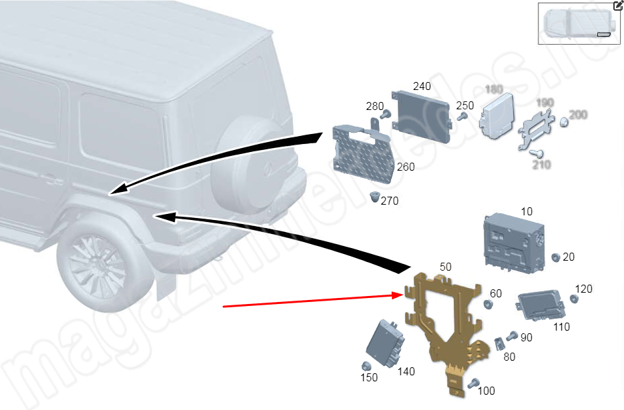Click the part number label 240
point(422,87)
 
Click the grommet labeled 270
point(376,196)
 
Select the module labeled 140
point(386,342)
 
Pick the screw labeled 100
point(474,383)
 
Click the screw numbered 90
point(513,335)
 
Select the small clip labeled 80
point(499,344)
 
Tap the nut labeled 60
point(488,305)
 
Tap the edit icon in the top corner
point(618,5)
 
